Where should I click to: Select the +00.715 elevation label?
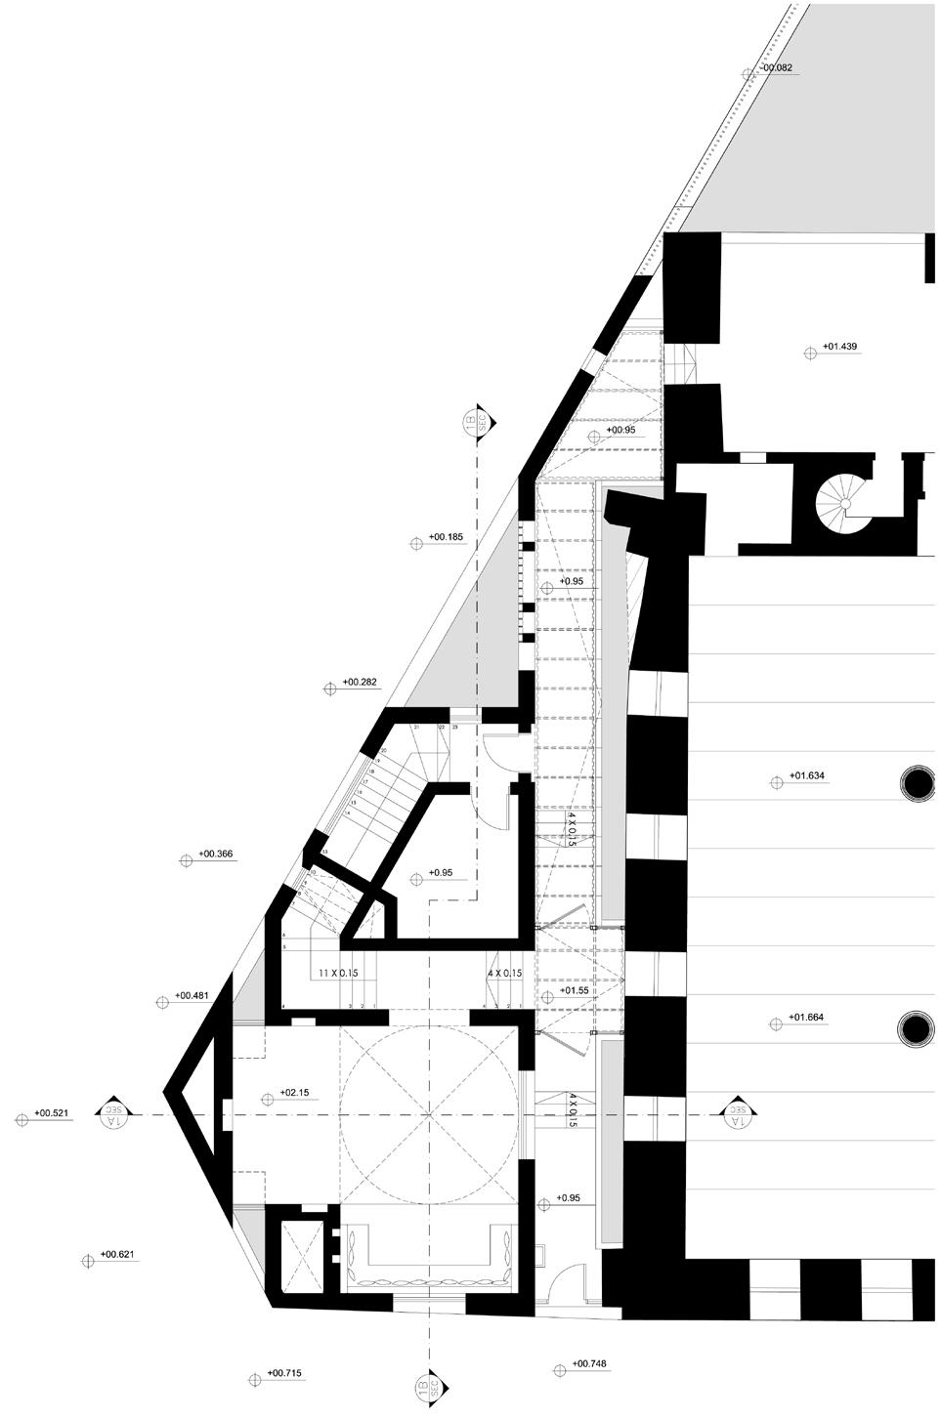[x=283, y=1374]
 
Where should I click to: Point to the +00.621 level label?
[x=118, y=1254]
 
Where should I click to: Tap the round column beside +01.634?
[x=918, y=782]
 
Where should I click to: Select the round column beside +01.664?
[x=917, y=1027]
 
